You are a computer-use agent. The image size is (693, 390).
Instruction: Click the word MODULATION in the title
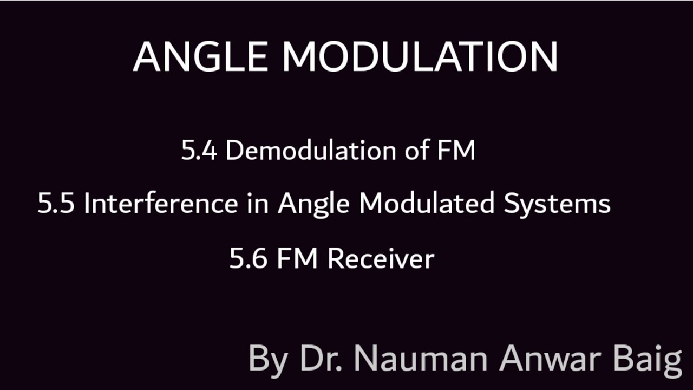(x=420, y=56)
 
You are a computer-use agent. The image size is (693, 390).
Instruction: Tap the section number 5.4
(x=199, y=151)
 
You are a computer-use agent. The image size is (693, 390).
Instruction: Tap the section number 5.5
(x=56, y=204)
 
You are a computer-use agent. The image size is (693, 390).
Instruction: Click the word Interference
(x=160, y=204)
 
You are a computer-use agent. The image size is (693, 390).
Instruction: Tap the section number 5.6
(x=248, y=259)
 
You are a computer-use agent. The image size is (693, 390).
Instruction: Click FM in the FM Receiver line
(x=297, y=259)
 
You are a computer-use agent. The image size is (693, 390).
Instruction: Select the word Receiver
(x=381, y=259)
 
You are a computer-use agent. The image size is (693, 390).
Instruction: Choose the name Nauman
(x=423, y=359)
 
